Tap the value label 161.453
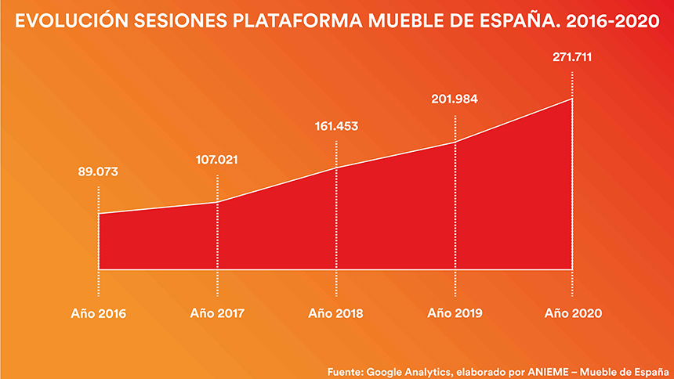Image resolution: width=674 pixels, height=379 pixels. (x=335, y=125)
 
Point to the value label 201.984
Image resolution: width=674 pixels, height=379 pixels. (x=455, y=99)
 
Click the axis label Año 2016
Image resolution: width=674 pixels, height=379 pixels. (x=98, y=313)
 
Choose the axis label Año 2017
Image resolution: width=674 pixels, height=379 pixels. (x=217, y=313)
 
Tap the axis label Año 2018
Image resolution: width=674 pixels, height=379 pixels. (x=336, y=313)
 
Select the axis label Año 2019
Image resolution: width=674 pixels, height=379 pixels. (x=455, y=313)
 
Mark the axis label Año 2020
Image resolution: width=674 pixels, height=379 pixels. (x=574, y=313)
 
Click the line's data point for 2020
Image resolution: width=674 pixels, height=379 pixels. (x=573, y=98)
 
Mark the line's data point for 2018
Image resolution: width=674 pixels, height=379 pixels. (x=335, y=168)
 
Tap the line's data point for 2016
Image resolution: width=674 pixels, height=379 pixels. (x=98, y=213)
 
